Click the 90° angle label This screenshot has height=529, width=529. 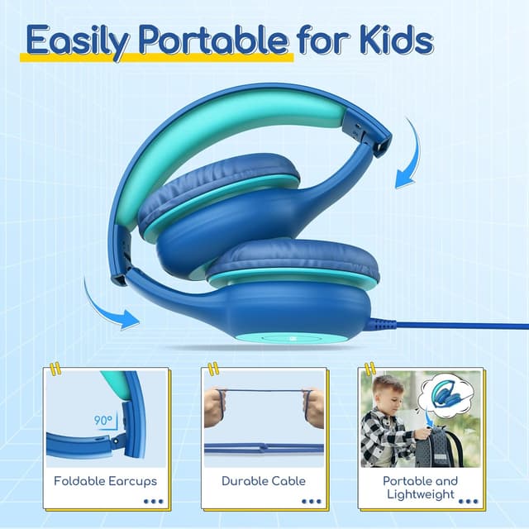click(x=103, y=421)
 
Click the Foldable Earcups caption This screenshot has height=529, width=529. click(x=105, y=480)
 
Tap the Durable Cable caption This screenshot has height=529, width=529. click(x=264, y=480)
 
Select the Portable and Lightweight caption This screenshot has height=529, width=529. click(x=420, y=487)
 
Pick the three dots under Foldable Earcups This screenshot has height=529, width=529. click(x=154, y=501)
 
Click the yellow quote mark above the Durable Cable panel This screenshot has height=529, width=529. click(x=212, y=368)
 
